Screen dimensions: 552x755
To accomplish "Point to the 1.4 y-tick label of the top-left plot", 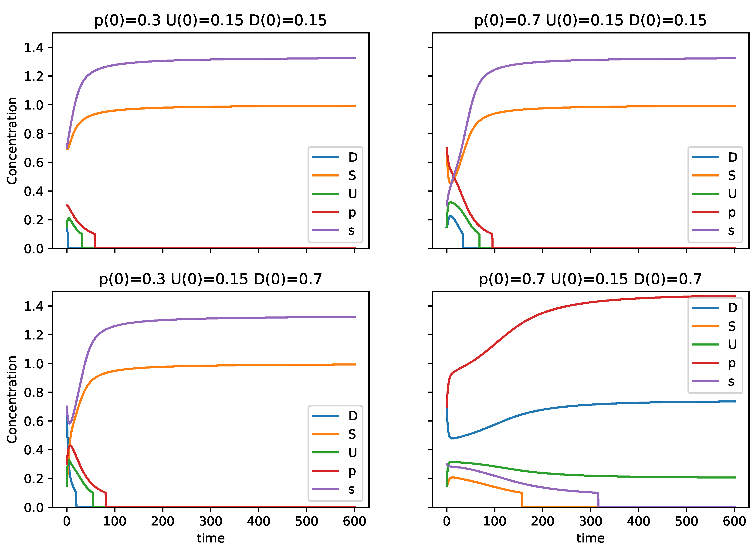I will click(x=34, y=48).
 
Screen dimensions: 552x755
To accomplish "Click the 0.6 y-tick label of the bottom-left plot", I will click(x=34, y=421).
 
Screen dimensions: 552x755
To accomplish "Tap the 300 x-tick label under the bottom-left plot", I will click(x=210, y=521).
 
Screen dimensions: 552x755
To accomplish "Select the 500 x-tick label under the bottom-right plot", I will click(x=686, y=521).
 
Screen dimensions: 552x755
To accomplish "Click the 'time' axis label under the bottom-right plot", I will click(x=590, y=538).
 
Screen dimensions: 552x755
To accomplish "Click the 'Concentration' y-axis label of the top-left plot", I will click(x=12, y=141).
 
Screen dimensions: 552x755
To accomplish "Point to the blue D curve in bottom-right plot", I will click(x=569, y=406).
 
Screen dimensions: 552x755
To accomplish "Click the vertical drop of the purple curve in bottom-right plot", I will click(x=598, y=499).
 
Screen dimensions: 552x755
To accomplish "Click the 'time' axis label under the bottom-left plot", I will click(x=210, y=538).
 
